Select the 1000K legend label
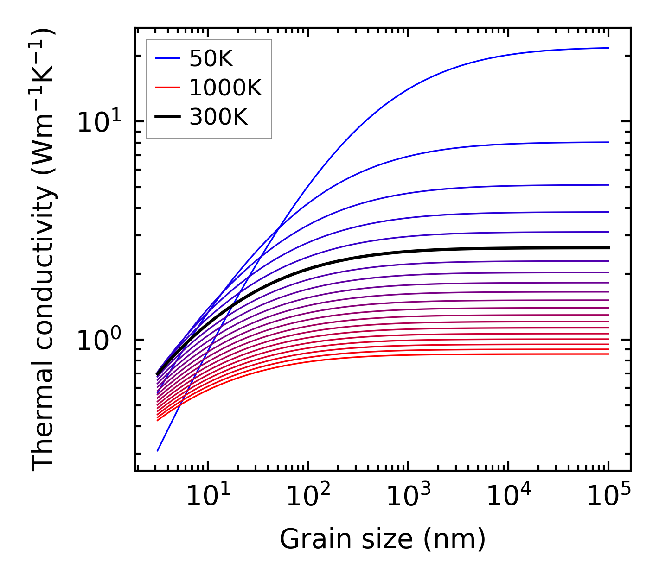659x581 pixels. (x=225, y=88)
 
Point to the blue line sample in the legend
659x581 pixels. (x=167, y=58)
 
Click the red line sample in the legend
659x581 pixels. (x=167, y=88)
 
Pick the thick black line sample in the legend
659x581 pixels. (x=167, y=117)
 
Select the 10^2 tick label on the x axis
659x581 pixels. (x=307, y=497)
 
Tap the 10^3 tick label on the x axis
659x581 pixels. (x=408, y=497)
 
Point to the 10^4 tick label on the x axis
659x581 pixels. (x=508, y=497)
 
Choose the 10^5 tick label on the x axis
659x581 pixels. (x=608, y=497)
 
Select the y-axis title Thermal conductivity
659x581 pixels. (x=44, y=250)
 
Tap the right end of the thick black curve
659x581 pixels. (x=608, y=248)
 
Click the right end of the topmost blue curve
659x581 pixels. (x=608, y=48)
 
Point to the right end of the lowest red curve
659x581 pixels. (x=608, y=354)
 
